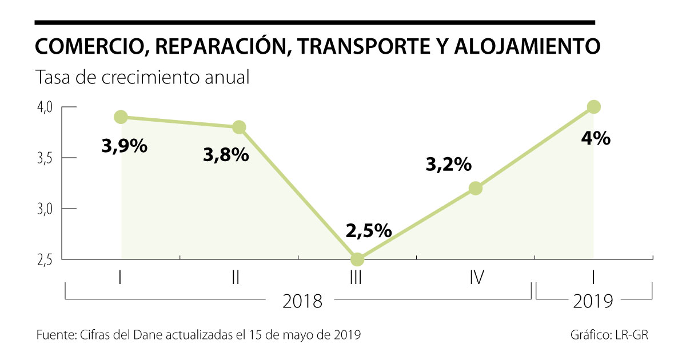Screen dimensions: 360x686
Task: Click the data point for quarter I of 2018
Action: [121, 117]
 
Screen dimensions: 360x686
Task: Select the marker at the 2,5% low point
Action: [357, 259]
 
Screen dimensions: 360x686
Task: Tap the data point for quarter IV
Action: [476, 188]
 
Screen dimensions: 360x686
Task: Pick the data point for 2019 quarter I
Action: [593, 107]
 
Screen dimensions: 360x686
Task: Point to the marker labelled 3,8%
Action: [239, 127]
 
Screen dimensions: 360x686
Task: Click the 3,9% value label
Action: [125, 146]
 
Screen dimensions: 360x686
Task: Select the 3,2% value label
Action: [449, 165]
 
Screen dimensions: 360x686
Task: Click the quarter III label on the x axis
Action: [357, 278]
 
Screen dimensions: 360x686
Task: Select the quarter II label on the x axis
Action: [236, 278]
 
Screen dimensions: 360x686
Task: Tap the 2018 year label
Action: [302, 301]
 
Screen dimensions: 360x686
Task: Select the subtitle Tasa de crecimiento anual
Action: [143, 77]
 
